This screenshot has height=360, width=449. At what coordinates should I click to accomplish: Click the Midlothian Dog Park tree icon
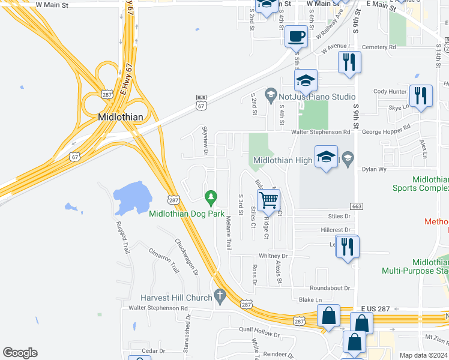click(211, 196)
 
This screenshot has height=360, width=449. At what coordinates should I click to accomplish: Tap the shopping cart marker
click(268, 199)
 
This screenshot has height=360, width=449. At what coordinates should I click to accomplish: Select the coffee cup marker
click(296, 37)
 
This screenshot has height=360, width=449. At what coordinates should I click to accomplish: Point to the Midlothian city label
click(119, 116)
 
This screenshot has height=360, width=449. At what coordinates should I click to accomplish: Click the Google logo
click(20, 353)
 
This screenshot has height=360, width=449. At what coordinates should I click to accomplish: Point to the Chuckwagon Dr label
click(186, 257)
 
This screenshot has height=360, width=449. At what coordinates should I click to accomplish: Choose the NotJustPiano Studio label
click(316, 96)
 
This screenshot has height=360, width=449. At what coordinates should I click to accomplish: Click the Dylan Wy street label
click(373, 169)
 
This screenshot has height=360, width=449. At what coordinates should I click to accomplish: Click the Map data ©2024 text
click(423, 355)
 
